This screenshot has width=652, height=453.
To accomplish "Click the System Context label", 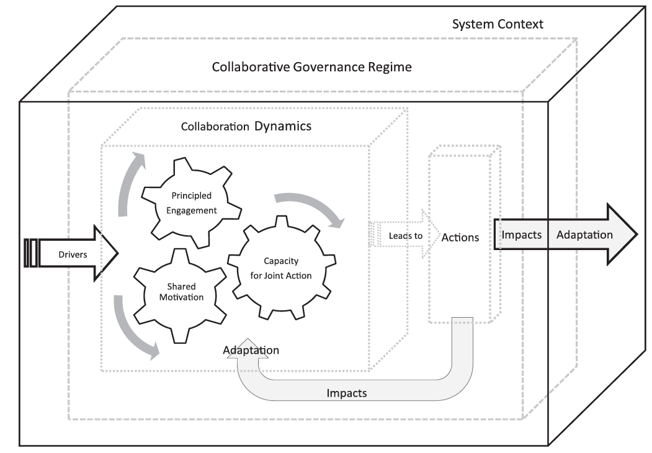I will [498, 25].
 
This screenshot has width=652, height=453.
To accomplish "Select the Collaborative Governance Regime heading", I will [311, 66].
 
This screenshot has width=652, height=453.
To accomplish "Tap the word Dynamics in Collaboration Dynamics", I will [282, 127].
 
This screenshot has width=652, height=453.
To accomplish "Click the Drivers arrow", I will [73, 254].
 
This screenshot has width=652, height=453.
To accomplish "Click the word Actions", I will [460, 237].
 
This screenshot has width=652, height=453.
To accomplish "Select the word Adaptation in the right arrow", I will [584, 235].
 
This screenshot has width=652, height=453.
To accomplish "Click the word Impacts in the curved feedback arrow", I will [346, 393].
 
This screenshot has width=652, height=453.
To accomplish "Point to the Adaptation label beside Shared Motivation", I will [251, 351].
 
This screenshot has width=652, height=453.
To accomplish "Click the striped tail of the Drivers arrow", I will [31, 254].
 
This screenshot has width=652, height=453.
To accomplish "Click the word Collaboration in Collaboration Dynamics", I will [215, 127].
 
